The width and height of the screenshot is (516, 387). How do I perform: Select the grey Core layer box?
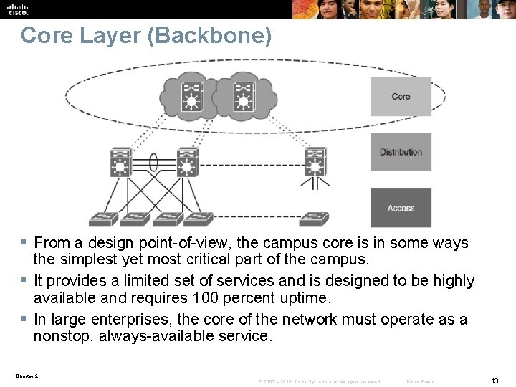click(401, 97)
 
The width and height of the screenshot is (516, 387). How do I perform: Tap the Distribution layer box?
click(401, 152)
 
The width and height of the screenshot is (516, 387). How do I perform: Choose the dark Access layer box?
click(401, 208)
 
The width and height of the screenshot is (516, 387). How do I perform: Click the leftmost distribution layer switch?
click(120, 163)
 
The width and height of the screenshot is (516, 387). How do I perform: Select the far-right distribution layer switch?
click(314, 163)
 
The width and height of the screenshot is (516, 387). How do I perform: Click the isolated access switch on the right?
click(314, 216)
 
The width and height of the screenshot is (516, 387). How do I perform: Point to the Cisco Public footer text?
click(420, 381)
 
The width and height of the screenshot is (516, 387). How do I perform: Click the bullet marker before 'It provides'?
click(24, 280)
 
